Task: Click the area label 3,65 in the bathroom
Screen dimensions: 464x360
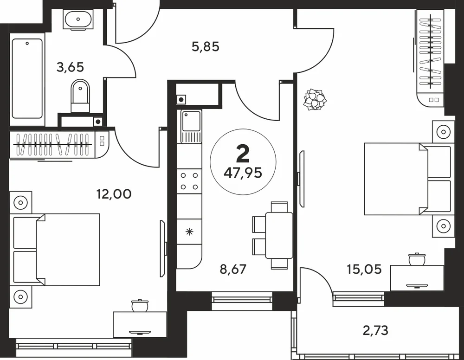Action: [70, 67]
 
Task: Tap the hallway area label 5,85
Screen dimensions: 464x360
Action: [206, 47]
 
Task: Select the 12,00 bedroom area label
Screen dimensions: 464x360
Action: [114, 194]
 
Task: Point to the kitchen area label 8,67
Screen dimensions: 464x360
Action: [233, 269]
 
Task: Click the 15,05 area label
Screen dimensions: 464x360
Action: [364, 269]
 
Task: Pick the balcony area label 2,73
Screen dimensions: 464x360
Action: [375, 330]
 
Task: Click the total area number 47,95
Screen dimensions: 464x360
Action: [243, 173]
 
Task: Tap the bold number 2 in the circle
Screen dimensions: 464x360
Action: [243, 154]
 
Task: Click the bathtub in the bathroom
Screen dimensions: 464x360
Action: [27, 78]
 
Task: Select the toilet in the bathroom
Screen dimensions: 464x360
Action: [80, 96]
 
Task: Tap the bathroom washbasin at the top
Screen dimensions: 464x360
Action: [78, 19]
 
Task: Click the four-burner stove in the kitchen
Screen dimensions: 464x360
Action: [189, 181]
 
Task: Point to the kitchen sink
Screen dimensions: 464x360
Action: [191, 127]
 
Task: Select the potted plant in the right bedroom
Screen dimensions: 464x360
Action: [315, 99]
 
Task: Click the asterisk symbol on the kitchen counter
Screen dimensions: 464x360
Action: [189, 231]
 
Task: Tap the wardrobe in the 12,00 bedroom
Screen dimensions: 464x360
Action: [59, 145]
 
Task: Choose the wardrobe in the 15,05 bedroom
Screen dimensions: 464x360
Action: [431, 58]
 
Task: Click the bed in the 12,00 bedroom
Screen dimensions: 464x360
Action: [55, 250]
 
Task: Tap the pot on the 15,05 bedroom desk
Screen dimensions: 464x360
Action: [417, 259]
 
